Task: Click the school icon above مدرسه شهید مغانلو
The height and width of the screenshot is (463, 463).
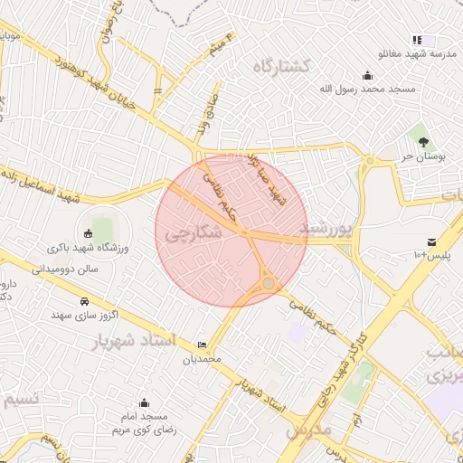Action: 417,40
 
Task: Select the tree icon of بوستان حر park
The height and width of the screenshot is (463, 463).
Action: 422,140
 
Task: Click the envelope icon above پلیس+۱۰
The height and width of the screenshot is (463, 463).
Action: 432,241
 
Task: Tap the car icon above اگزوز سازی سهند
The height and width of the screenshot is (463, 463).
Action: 84,301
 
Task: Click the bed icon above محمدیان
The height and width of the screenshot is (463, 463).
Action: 201,345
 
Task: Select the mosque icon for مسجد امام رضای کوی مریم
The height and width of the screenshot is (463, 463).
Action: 144,403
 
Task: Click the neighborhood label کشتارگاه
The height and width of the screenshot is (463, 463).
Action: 281,66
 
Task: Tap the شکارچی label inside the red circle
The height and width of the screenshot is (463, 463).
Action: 193,232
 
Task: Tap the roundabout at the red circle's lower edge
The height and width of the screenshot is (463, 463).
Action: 269,284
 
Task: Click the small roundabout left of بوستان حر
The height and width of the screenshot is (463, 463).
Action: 369,161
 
